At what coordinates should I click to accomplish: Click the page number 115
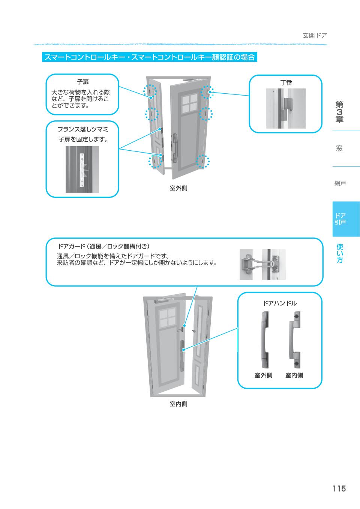(338, 488)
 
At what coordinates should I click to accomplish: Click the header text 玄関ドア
(315, 36)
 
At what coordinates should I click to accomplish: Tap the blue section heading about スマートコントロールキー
(150, 57)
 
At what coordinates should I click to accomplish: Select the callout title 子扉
(82, 82)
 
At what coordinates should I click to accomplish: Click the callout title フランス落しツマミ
(82, 129)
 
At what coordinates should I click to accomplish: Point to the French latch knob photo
(82, 169)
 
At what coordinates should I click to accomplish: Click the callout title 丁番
(286, 83)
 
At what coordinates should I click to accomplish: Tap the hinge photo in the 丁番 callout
(285, 108)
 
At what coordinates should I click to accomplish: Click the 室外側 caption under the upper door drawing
(178, 188)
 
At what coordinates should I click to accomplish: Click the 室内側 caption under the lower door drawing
(178, 404)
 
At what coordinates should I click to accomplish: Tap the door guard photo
(262, 264)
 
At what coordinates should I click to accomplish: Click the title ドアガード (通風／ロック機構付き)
(103, 246)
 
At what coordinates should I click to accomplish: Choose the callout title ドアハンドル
(279, 303)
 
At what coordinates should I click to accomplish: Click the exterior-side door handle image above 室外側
(264, 340)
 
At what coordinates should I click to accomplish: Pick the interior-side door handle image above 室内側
(294, 340)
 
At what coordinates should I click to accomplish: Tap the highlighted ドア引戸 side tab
(340, 219)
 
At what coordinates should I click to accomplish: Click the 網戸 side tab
(340, 183)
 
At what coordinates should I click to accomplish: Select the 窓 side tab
(339, 148)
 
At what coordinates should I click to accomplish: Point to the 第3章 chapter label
(339, 112)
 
